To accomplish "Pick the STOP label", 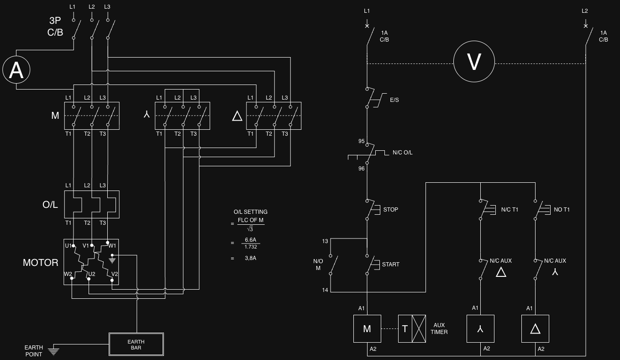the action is (390, 210).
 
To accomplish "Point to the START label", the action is (390, 265).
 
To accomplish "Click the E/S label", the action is (394, 100).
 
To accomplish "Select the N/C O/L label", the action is (402, 153).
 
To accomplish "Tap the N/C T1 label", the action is (510, 210).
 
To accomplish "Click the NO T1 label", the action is (562, 210).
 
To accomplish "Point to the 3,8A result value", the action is (251, 258).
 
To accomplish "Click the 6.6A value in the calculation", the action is (251, 240).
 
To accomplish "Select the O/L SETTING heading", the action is (251, 212).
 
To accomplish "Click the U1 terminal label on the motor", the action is (68, 246).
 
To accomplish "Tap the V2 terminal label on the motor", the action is (115, 274).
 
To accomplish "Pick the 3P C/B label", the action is (55, 26).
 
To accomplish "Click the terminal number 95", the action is (362, 141).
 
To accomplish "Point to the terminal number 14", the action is (325, 290).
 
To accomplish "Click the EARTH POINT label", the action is (34, 351).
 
